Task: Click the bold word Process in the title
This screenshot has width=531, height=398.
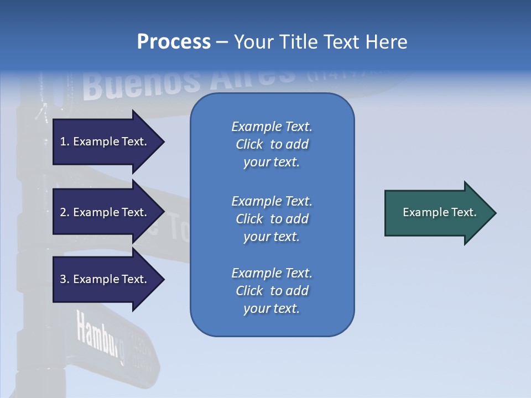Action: pyautogui.click(x=174, y=42)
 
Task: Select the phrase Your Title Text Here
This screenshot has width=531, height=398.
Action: pyautogui.click(x=320, y=42)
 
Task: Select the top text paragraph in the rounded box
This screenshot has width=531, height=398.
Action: pyautogui.click(x=272, y=144)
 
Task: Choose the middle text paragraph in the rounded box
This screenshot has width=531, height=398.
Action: pyautogui.click(x=272, y=219)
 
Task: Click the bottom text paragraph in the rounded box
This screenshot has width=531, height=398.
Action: pyautogui.click(x=272, y=291)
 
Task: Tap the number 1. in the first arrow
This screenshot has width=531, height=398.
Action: pyautogui.click(x=65, y=142)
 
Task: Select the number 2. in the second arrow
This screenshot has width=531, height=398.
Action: pyautogui.click(x=65, y=212)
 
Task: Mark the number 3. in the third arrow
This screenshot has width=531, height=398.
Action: pyautogui.click(x=65, y=279)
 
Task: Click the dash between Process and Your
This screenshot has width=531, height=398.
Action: pyautogui.click(x=222, y=42)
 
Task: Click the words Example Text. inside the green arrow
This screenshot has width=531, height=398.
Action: pyautogui.click(x=440, y=212)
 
